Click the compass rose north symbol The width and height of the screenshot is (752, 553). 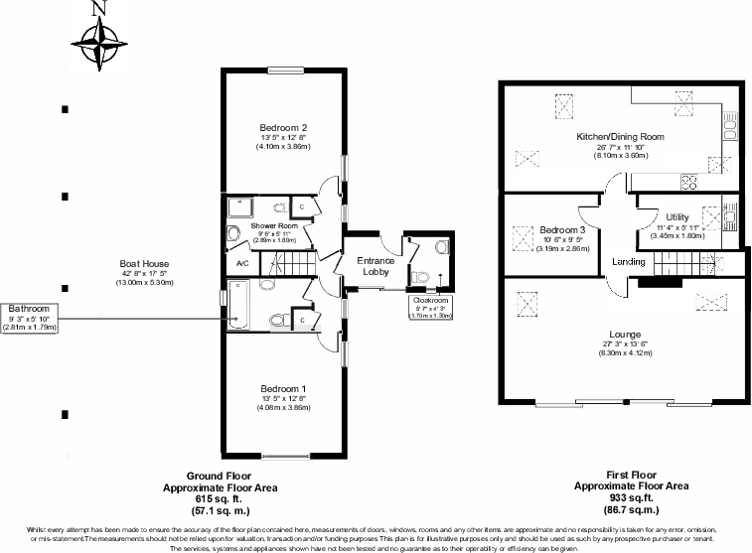[97, 40]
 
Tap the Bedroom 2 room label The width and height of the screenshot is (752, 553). [283, 127]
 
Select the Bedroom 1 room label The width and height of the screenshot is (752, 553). [283, 388]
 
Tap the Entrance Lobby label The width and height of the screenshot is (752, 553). [376, 266]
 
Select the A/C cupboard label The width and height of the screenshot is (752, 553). [241, 263]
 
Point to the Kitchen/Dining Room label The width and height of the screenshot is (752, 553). [620, 137]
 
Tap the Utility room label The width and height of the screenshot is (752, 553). [677, 216]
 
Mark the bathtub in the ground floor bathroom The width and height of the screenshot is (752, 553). [242, 306]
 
